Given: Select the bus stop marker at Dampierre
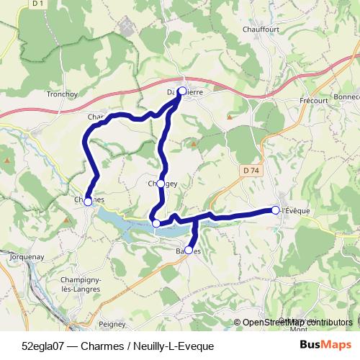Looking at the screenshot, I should click(182, 91).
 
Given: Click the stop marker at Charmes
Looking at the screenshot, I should click(88, 202).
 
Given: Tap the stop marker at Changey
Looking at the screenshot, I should click(161, 183).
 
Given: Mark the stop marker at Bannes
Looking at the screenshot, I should click(189, 250).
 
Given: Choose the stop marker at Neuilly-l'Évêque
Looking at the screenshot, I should click(275, 210).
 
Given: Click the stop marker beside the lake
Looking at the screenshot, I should click(156, 223).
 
